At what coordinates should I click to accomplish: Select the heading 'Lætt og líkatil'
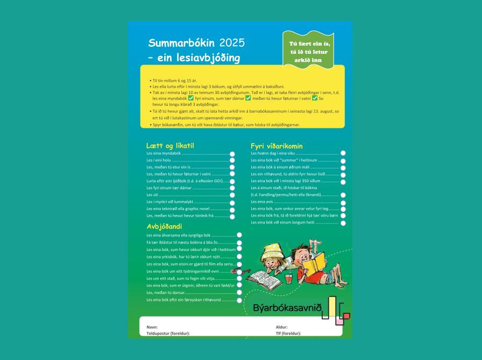169,146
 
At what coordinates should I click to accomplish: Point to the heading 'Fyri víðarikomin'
277,146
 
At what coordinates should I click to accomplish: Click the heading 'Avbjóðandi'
164,226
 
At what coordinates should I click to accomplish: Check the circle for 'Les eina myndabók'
232,154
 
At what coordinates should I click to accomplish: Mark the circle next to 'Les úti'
232,195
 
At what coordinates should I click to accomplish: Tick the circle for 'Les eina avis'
343,202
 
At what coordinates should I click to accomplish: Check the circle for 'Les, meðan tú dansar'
239,293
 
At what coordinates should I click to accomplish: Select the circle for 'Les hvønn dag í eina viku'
343,154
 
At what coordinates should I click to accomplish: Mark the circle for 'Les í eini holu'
232,161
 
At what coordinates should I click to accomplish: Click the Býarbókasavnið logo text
287,308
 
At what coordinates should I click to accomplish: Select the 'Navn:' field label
152,327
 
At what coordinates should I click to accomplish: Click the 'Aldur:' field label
281,327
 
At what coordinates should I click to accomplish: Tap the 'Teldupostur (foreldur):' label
168,334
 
